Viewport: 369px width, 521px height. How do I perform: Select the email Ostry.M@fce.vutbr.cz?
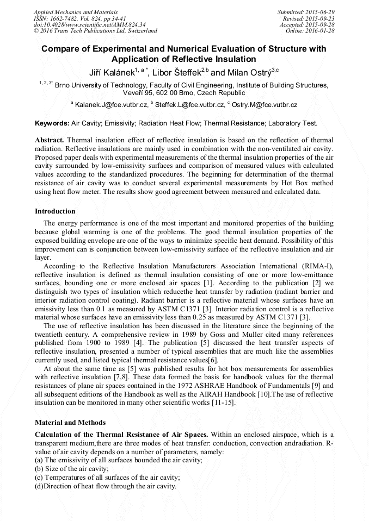(x=264, y=104)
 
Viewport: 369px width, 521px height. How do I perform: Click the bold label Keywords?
(x=52, y=124)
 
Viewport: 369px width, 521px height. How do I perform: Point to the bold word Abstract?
(x=50, y=140)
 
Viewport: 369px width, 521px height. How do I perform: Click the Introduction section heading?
(x=55, y=211)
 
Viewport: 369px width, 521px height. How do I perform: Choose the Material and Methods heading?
(x=70, y=422)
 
